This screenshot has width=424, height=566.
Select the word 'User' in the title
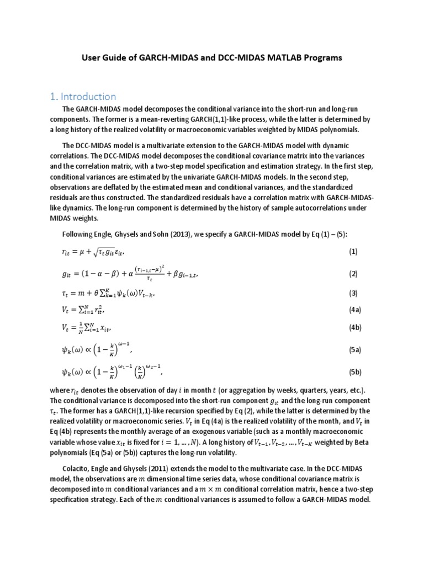point(92,57)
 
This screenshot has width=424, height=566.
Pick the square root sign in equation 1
point(94,252)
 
